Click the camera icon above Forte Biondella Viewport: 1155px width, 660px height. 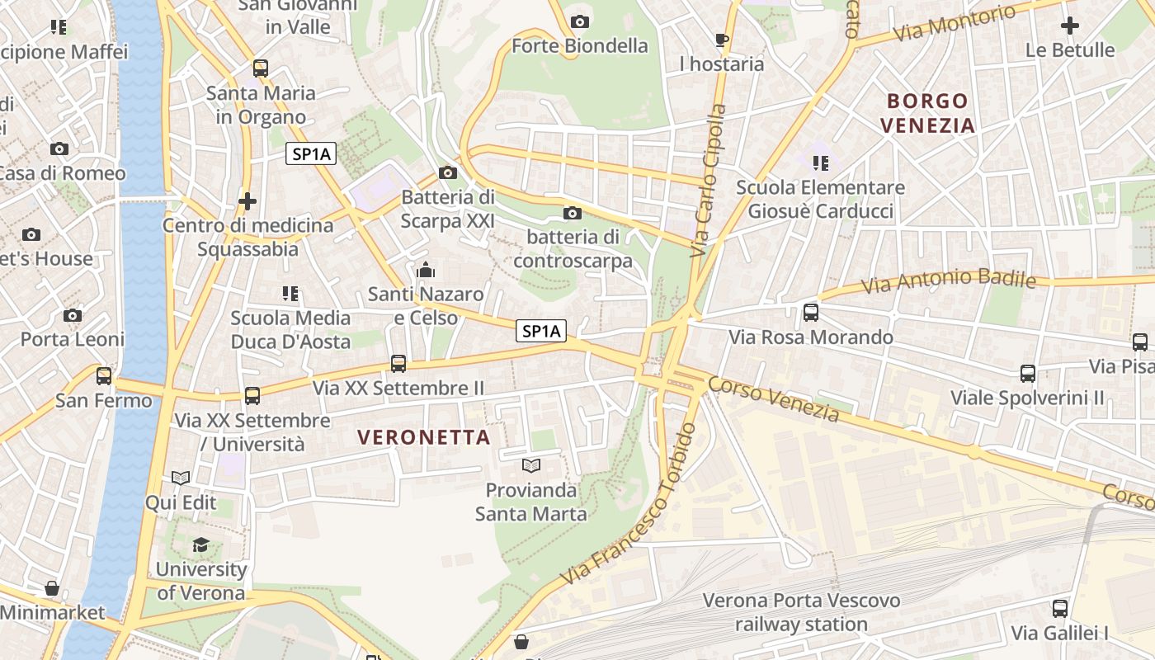(x=580, y=21)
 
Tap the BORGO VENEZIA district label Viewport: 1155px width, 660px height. (x=927, y=113)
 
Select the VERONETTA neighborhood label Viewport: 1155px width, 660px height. (x=424, y=437)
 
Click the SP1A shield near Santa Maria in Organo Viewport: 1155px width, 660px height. (x=312, y=153)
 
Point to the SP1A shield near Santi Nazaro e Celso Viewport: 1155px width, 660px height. (x=541, y=332)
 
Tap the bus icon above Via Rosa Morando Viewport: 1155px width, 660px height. (x=811, y=313)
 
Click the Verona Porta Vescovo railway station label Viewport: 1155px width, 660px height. (x=801, y=612)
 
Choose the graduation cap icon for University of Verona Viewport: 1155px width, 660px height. (x=200, y=544)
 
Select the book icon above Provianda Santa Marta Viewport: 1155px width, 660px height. (x=531, y=466)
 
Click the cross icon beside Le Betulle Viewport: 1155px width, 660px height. (x=1070, y=26)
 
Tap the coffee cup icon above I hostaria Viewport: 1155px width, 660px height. (x=722, y=40)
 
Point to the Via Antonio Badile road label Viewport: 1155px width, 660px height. (x=948, y=280)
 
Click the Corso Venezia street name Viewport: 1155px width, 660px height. (x=773, y=398)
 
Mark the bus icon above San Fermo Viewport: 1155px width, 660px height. (x=104, y=376)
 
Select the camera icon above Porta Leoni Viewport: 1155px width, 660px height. (x=73, y=315)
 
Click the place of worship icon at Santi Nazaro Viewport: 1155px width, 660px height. (x=426, y=270)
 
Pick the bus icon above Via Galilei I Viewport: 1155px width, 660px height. (x=1060, y=609)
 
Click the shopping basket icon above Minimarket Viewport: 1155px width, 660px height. (x=52, y=588)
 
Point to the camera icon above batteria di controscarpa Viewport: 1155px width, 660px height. (x=572, y=214)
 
